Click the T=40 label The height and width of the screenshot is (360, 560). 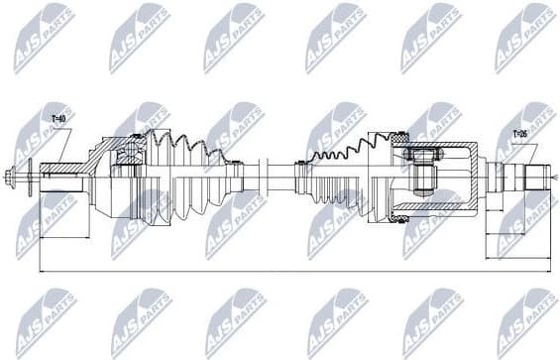coord(58,120)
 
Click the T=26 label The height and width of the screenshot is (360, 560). coord(519,134)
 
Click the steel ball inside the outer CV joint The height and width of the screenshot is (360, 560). coord(128,155)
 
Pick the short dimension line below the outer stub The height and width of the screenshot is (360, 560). coord(64,236)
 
